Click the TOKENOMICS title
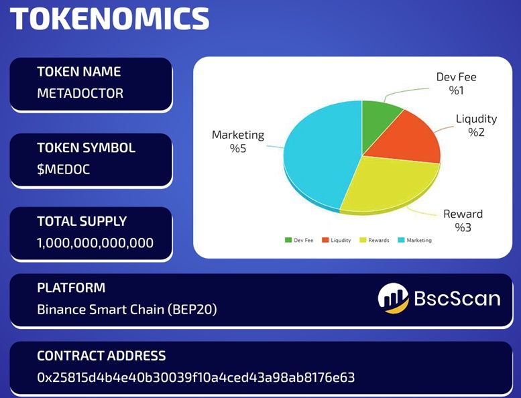tap(110, 19)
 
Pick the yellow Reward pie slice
tap(389, 186)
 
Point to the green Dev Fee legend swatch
tap(288, 240)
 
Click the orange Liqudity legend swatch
tap(325, 240)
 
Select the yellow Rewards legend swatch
tap(363, 240)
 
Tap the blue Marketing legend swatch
tap(401, 240)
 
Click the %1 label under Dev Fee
tap(456, 90)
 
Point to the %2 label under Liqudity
tap(476, 132)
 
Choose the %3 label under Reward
tap(463, 227)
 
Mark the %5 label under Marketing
tap(238, 148)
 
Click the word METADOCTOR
tap(80, 93)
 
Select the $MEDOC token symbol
tap(64, 170)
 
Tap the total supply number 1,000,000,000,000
tap(95, 243)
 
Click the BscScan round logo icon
tap(394, 298)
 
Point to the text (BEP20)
tap(192, 310)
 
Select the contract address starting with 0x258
tap(196, 377)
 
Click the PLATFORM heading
tap(71, 288)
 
